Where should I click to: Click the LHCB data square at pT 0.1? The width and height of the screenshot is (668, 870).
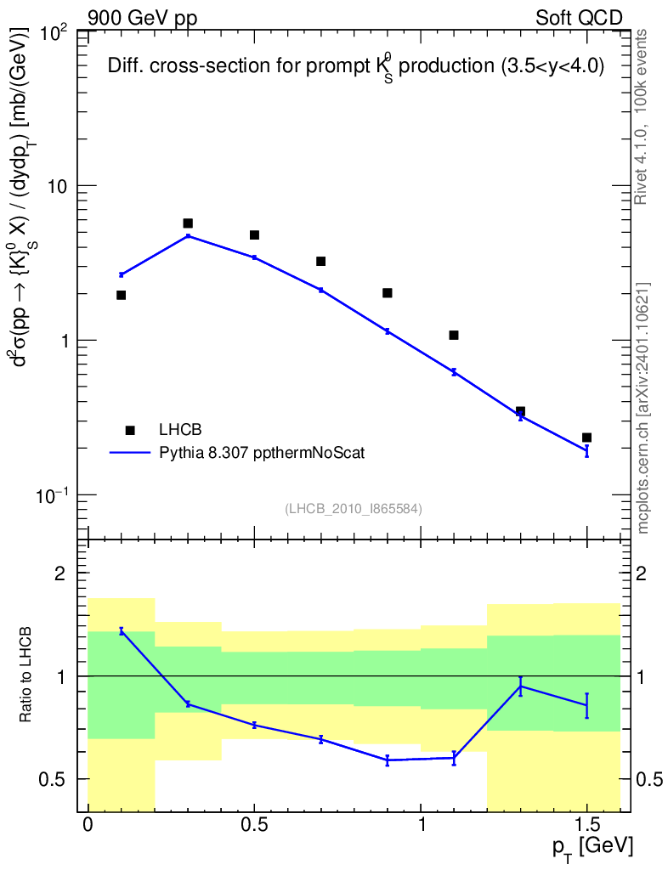tap(122, 295)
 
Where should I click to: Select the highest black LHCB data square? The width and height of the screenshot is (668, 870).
tap(188, 223)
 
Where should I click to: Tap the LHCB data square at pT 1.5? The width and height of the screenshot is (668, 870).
tap(586, 438)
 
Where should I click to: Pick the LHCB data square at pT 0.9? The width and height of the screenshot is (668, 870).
tap(388, 293)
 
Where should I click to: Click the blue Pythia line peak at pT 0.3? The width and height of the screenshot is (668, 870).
tap(188, 236)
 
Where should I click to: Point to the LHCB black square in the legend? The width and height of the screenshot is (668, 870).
tap(130, 430)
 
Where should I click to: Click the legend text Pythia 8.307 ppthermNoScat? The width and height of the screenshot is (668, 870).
tap(262, 453)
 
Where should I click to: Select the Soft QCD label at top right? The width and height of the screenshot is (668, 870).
tap(580, 17)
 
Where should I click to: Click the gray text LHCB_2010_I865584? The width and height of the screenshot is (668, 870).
tap(354, 508)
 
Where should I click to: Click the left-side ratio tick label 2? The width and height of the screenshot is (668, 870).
tap(60, 573)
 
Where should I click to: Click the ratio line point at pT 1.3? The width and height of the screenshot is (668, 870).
tap(520, 686)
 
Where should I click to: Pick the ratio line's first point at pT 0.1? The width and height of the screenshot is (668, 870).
tap(122, 630)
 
